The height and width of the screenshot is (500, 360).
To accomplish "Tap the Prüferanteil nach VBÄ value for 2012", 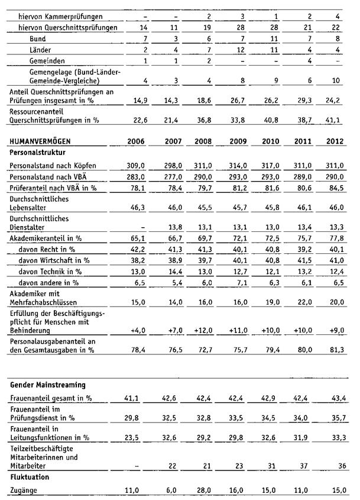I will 341,189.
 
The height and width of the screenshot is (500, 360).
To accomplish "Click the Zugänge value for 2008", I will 205,490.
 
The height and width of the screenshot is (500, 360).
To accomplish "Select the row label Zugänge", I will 24,490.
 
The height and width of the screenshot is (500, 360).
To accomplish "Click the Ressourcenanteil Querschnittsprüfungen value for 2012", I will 341,120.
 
